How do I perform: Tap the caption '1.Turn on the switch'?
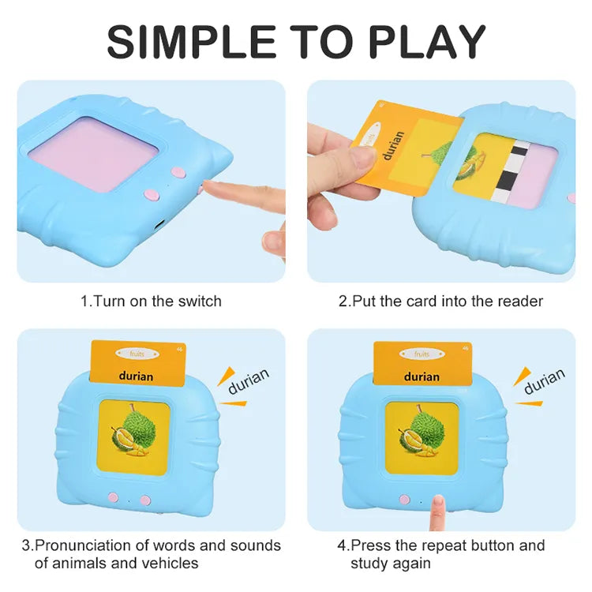tap(151, 301)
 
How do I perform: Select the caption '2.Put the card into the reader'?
tap(440, 301)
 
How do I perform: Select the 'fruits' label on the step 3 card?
tap(136, 354)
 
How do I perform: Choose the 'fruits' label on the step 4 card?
tap(422, 354)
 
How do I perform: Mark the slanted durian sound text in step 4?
tap(544, 380)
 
